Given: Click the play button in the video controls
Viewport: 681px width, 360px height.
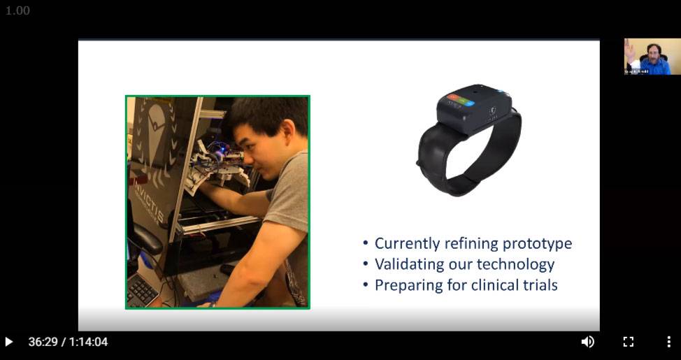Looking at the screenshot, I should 9,342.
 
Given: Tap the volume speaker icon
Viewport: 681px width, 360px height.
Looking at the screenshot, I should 587,342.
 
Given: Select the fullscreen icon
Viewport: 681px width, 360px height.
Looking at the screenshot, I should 628,342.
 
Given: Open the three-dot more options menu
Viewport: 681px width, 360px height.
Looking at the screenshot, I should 668,342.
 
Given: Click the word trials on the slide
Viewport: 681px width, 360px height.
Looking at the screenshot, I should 540,285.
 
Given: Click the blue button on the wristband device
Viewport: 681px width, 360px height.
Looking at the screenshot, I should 470,102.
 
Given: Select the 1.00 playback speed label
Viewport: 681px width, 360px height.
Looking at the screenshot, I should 17,10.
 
